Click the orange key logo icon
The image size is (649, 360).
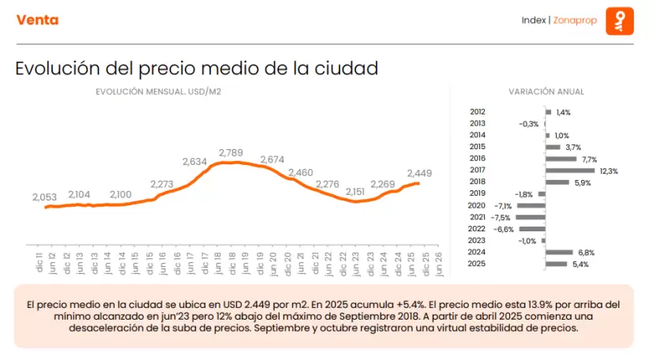coord(620,21)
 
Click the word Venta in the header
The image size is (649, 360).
coord(37,20)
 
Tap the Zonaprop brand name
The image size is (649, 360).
coord(574,20)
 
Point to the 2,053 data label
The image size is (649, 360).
coord(46,197)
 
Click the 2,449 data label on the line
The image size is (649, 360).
coord(420,173)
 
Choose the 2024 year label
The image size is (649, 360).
coord(477,253)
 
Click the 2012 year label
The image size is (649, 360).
coord(477,113)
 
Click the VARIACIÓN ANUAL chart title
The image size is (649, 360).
coord(546,92)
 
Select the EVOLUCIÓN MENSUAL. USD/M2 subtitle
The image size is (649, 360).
coord(158,92)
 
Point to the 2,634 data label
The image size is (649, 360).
coord(194,161)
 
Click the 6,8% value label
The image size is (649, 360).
coord(587,253)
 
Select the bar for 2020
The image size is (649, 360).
coord(531,205)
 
